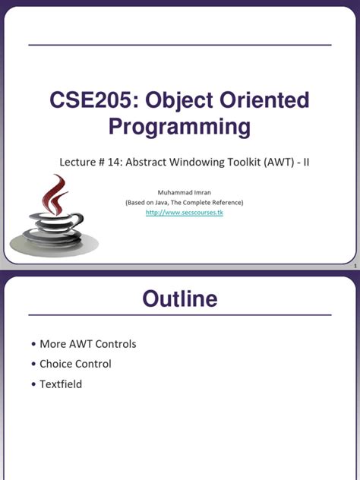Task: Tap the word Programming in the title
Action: tap(179, 127)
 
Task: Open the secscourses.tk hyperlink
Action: tap(185, 213)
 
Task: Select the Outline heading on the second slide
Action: tap(179, 298)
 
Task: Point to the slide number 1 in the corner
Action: tap(354, 267)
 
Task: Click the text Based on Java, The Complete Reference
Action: tap(185, 203)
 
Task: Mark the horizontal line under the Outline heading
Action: tap(179, 314)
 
